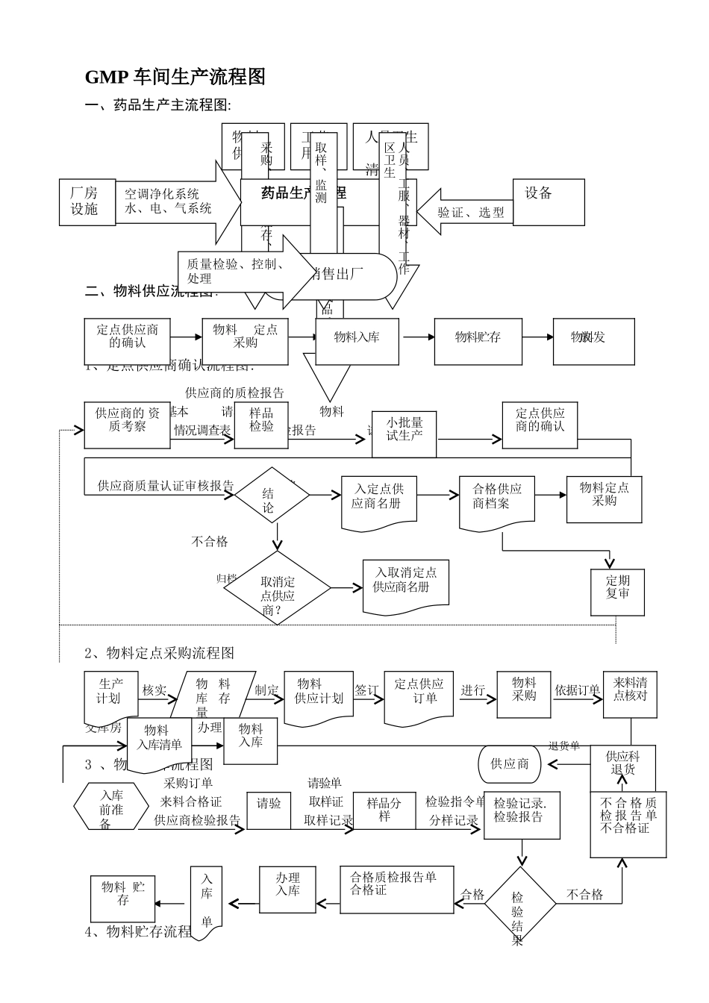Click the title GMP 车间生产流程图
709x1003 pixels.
coord(175,76)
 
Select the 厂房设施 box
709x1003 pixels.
coord(87,202)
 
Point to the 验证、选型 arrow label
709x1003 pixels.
coord(471,213)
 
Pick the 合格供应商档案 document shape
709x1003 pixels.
coord(497,502)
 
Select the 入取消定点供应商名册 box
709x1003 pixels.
coord(406,584)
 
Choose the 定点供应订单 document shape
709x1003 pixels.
coord(419,697)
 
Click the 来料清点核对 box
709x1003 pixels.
coord(630,694)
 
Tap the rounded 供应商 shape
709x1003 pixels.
coord(510,764)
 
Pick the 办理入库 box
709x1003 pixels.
coord(287,889)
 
